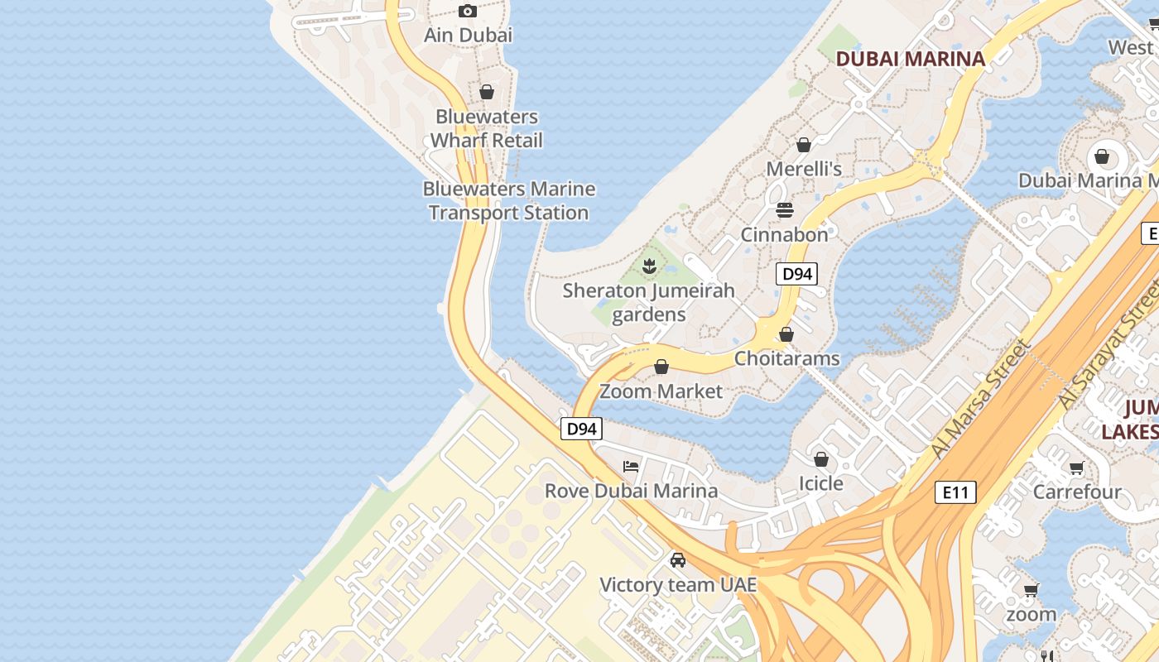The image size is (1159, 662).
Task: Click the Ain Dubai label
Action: [x=468, y=35]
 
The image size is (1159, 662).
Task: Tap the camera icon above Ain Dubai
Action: [x=468, y=11]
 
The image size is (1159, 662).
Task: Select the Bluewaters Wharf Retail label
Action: [x=486, y=128]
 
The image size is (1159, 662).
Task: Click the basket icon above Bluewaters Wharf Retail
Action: [x=487, y=92]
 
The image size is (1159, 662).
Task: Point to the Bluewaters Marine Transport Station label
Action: [x=508, y=201]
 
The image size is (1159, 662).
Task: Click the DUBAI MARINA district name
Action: [x=910, y=59]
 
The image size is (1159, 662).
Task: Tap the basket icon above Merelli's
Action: [x=803, y=145]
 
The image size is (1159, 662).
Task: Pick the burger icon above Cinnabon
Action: [x=784, y=210]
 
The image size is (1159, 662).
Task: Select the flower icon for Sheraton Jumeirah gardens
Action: [x=649, y=266]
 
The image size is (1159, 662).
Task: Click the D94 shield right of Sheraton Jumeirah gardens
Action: [x=796, y=274]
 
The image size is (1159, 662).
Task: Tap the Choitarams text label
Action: [x=786, y=358]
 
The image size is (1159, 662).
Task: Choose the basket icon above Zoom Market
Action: [x=661, y=367]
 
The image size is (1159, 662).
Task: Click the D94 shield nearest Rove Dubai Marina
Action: [x=581, y=429]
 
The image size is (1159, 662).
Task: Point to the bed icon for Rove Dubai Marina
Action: [x=631, y=467]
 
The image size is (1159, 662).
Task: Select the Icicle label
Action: [x=820, y=483]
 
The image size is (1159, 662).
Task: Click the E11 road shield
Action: [x=955, y=492]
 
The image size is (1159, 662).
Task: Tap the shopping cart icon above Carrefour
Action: [x=1076, y=468]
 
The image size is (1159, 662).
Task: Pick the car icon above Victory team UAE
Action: [x=678, y=560]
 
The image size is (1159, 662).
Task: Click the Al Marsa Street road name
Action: [x=979, y=399]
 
